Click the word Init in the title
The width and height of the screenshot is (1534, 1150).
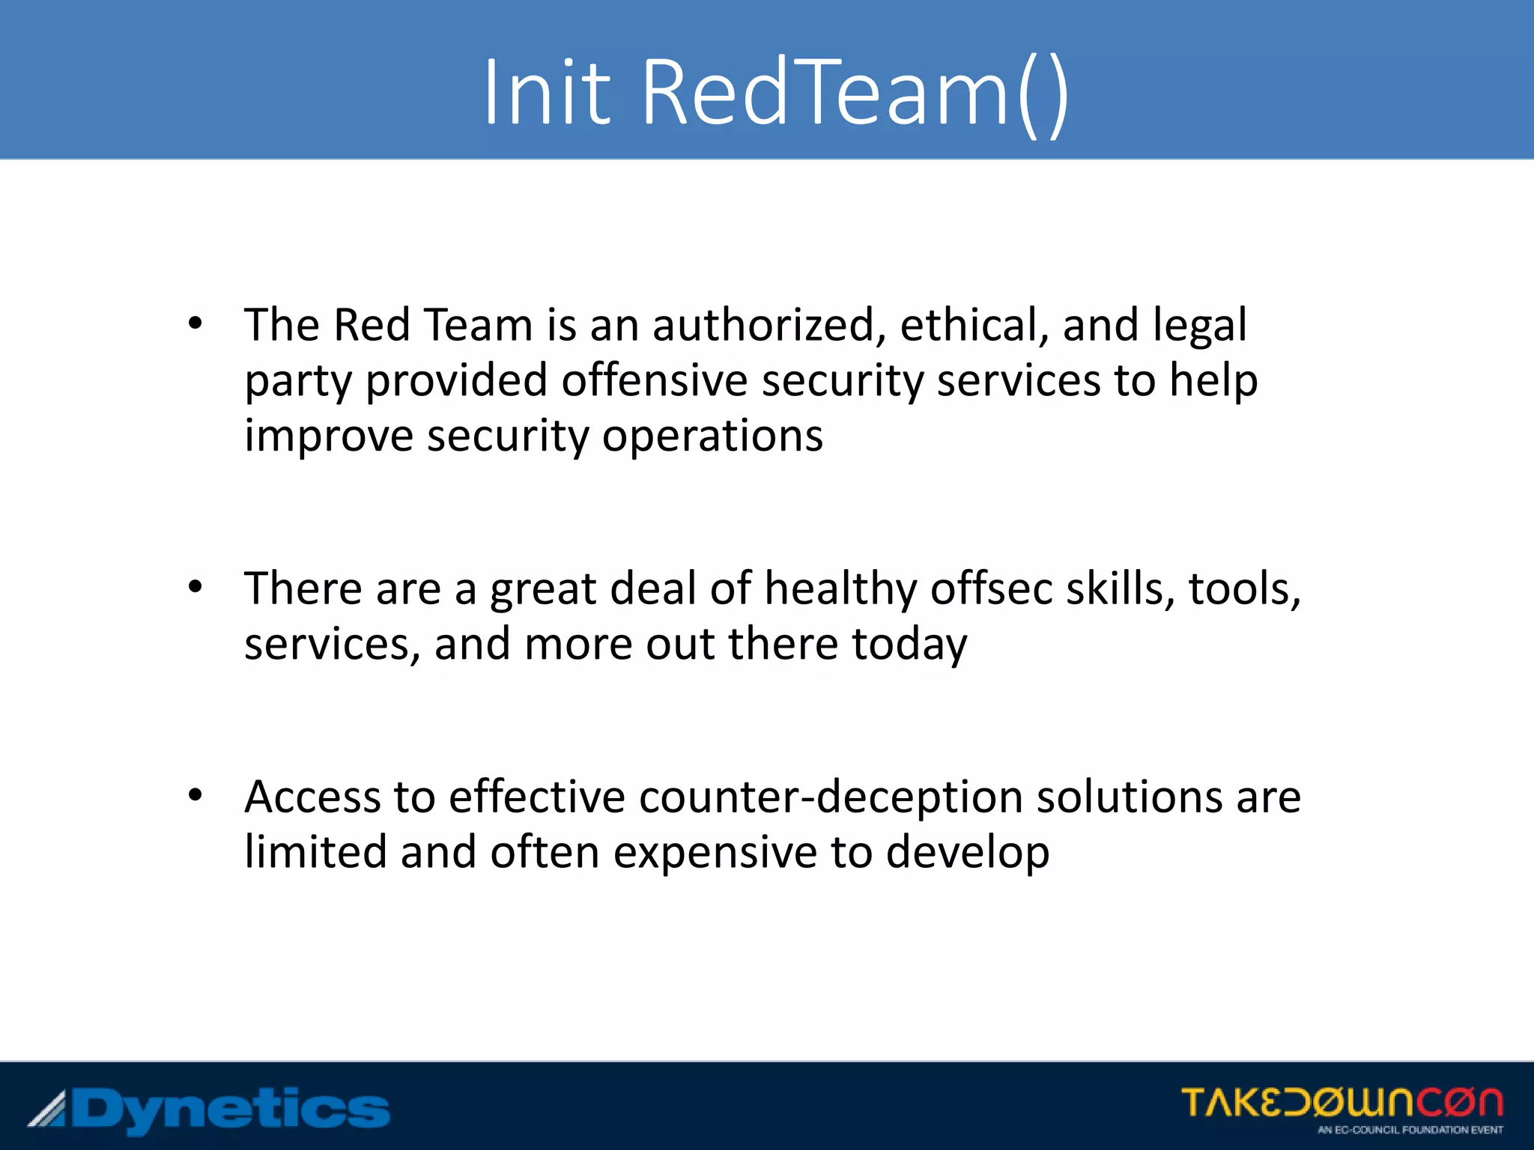tap(548, 93)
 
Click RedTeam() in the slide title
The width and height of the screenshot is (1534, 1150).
tap(855, 93)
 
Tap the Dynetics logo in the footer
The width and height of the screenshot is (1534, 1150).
tap(210, 1110)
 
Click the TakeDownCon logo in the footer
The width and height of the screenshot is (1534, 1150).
tap(1342, 1103)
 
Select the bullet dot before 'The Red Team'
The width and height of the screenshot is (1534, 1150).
tap(195, 324)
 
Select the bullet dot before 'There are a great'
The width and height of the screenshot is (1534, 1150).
tap(195, 588)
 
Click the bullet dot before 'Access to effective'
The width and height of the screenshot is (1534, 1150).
tap(195, 796)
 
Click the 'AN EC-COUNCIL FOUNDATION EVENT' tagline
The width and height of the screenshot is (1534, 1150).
tap(1410, 1130)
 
